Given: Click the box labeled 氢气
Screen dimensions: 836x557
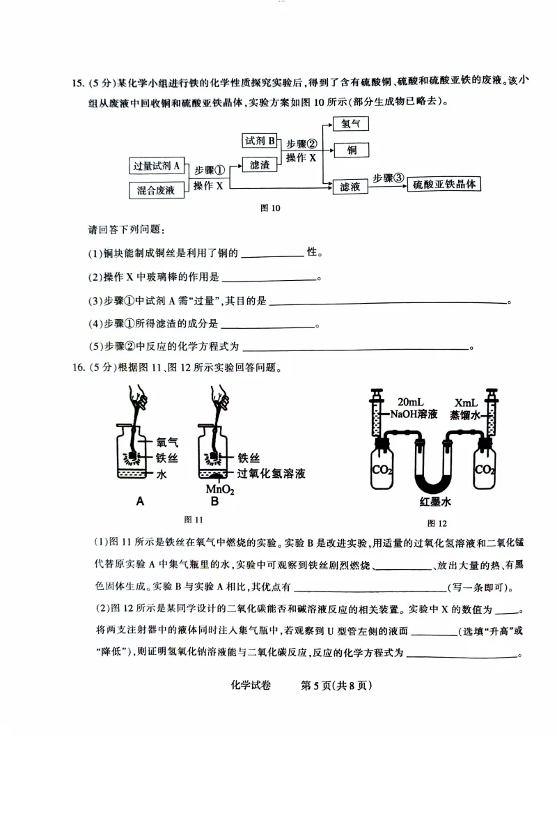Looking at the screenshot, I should pyautogui.click(x=351, y=124).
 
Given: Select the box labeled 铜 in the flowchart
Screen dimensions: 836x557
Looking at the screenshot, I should pyautogui.click(x=351, y=150).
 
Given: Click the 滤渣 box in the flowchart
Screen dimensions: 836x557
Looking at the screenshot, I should pyautogui.click(x=260, y=165).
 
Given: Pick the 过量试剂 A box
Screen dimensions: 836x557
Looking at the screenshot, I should pyautogui.click(x=157, y=166).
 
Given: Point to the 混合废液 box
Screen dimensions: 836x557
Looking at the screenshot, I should pyautogui.click(x=157, y=189).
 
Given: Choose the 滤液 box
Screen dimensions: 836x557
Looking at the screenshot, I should pyautogui.click(x=350, y=187).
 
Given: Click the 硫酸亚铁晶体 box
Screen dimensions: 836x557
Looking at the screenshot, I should pyautogui.click(x=444, y=185).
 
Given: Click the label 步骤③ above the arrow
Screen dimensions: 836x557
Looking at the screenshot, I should pyautogui.click(x=388, y=177).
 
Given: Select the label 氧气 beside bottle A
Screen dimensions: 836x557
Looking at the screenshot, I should pyautogui.click(x=167, y=442).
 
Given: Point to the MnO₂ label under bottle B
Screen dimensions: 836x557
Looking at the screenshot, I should pyautogui.click(x=220, y=489).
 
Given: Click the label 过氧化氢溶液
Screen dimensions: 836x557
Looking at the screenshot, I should pyautogui.click(x=272, y=474).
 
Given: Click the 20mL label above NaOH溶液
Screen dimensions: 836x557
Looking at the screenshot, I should pyautogui.click(x=412, y=402).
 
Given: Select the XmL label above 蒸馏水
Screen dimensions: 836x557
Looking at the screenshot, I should pyautogui.click(x=466, y=403).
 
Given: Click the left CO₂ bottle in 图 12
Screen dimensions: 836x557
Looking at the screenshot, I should pyautogui.click(x=382, y=470).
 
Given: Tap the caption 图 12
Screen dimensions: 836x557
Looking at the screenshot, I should pyautogui.click(x=437, y=523).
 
